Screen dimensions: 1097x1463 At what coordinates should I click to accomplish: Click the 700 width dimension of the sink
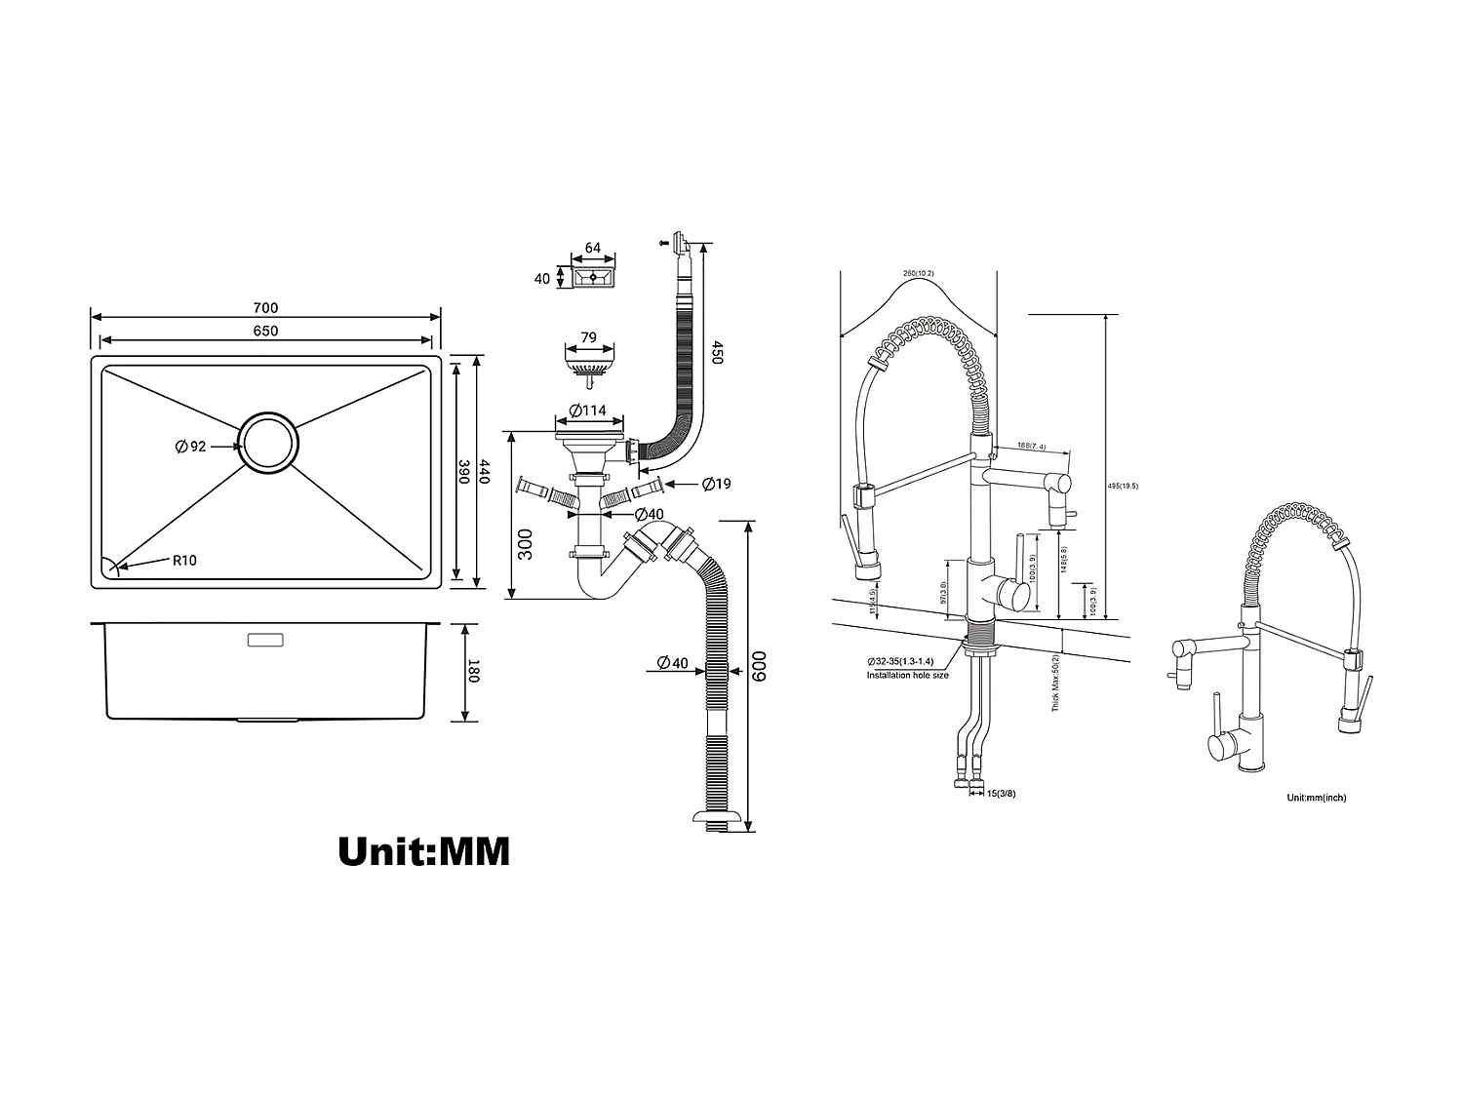click(x=265, y=308)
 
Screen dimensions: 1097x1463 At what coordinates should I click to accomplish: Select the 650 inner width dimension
click(x=265, y=331)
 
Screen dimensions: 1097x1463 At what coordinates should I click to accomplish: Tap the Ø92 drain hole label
click(x=191, y=447)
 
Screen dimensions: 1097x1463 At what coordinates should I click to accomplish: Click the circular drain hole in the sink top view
click(x=269, y=443)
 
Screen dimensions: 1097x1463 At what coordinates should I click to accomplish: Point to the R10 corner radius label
click(x=184, y=560)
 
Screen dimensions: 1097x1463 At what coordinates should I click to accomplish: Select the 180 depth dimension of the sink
click(x=473, y=672)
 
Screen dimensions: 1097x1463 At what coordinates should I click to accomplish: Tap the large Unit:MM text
click(x=423, y=851)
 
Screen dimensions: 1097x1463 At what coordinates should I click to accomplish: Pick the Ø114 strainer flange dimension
click(x=589, y=411)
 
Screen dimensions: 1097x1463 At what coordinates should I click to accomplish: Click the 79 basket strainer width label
click(x=588, y=338)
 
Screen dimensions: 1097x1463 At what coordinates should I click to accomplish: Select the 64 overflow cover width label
click(x=592, y=249)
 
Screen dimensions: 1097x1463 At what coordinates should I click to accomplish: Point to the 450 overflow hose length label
click(x=717, y=352)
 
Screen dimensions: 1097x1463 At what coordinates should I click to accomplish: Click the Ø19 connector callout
click(x=715, y=484)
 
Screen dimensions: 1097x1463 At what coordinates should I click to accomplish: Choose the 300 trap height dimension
click(x=526, y=544)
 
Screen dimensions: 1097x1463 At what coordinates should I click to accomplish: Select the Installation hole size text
click(x=907, y=675)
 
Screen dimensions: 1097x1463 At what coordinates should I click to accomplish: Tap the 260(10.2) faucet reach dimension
click(x=919, y=273)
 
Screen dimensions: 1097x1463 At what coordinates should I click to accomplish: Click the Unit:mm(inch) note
click(x=1316, y=798)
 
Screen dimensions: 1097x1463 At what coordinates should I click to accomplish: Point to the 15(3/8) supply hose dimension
click(x=1001, y=793)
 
